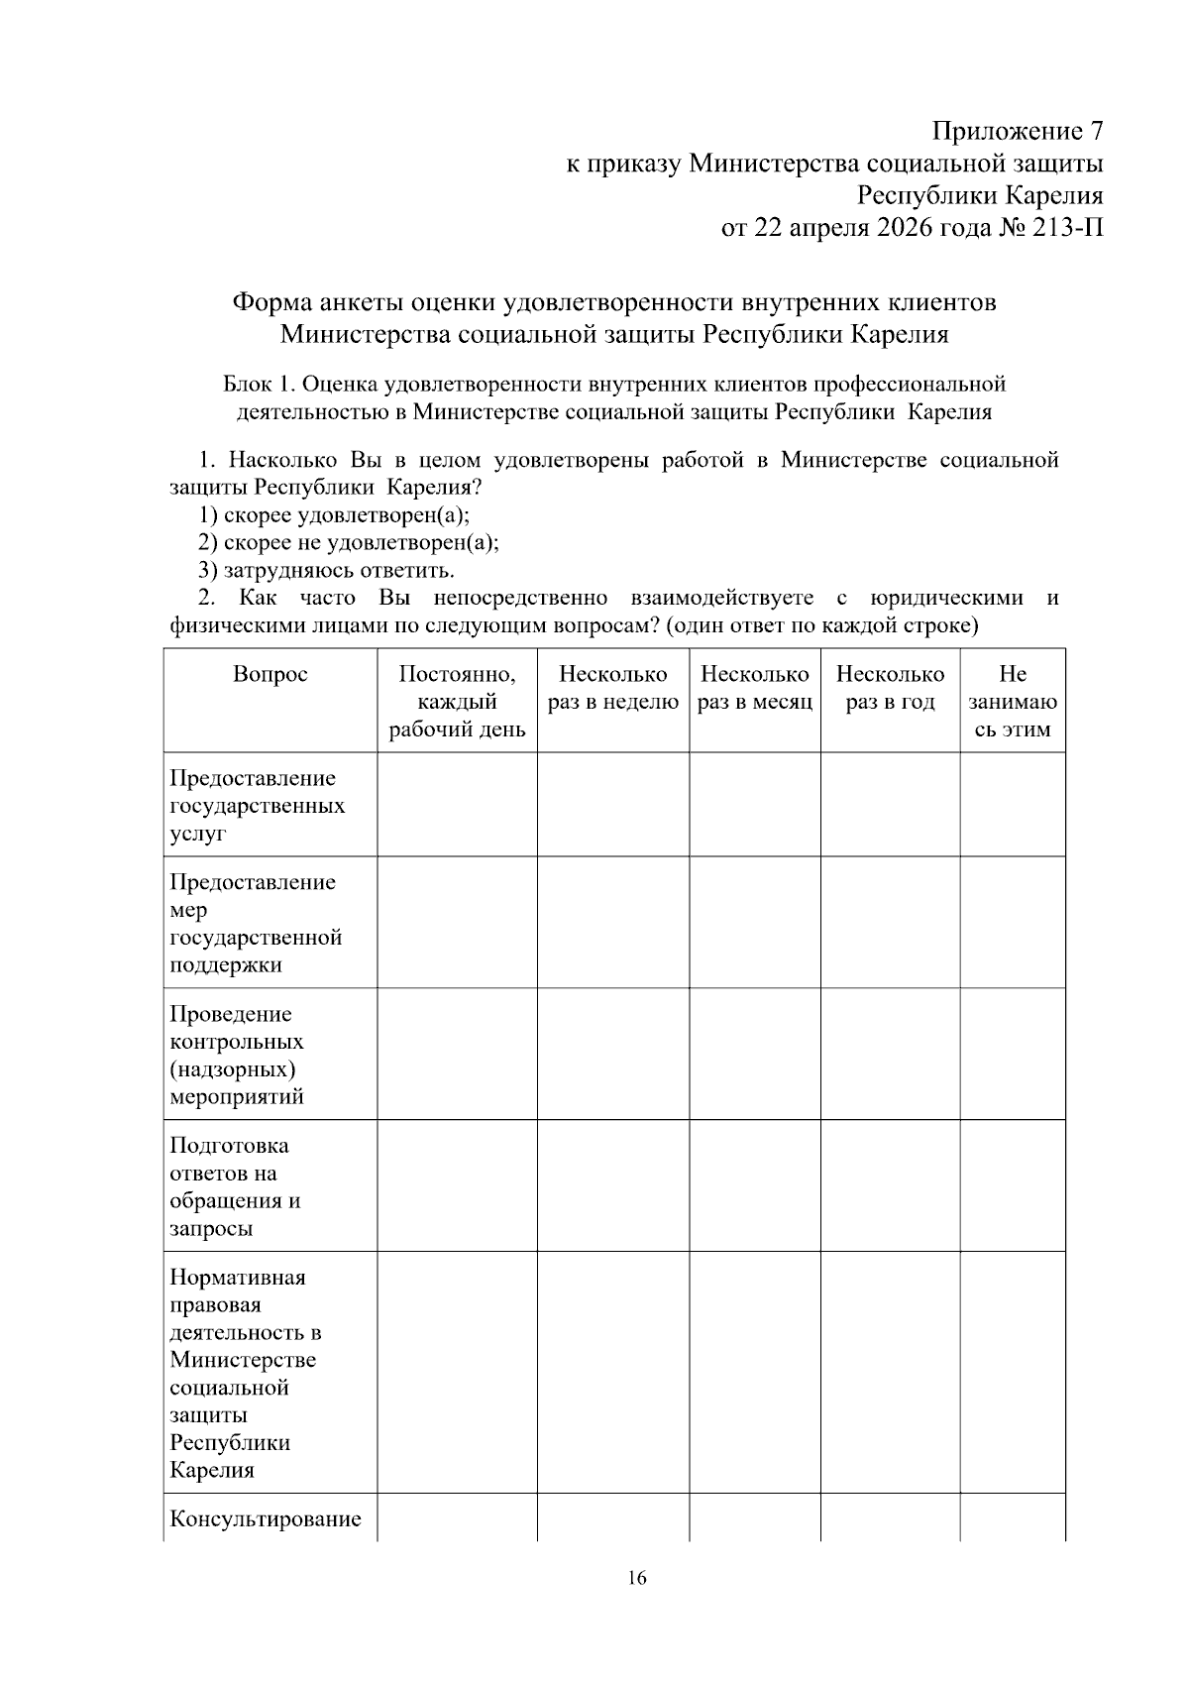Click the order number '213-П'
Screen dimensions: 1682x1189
click(x=1069, y=228)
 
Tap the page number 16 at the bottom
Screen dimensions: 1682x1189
click(x=637, y=1578)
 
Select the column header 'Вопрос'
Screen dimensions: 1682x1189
click(x=270, y=675)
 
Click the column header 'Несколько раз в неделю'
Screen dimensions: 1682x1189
click(x=612, y=689)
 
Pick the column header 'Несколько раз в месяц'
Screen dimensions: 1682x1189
click(x=754, y=689)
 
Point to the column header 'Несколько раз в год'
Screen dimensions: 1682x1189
click(x=890, y=689)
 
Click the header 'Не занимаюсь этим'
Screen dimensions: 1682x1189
click(x=1012, y=702)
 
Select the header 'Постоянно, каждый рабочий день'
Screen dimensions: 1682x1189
click(x=457, y=702)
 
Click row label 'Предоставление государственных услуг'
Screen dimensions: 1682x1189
click(x=258, y=805)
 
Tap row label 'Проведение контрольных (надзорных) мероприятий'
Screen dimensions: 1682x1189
click(x=238, y=1055)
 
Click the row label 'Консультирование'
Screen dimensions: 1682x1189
click(x=266, y=1519)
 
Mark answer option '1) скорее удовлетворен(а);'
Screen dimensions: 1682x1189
click(x=334, y=515)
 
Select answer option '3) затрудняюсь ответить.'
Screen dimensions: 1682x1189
click(x=326, y=571)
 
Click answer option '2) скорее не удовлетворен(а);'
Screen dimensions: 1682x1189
click(x=348, y=543)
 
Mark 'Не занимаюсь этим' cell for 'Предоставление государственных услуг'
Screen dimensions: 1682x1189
click(x=1012, y=805)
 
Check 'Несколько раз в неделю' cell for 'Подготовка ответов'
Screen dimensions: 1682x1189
click(x=612, y=1186)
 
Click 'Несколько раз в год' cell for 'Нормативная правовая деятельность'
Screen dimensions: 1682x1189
click(x=890, y=1373)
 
